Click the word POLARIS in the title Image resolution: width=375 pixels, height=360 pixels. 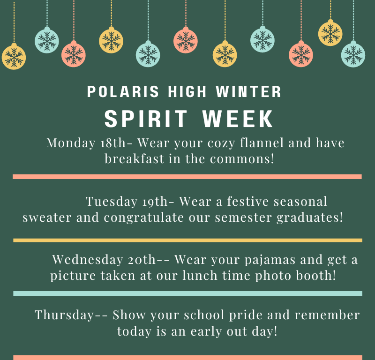click(x=123, y=91)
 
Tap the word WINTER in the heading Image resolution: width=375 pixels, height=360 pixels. click(x=248, y=91)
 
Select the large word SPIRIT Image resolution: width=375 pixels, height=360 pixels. click(x=146, y=119)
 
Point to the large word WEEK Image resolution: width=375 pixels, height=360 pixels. click(x=238, y=119)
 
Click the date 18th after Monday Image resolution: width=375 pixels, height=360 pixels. click(x=112, y=143)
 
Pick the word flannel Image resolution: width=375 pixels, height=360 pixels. click(x=262, y=143)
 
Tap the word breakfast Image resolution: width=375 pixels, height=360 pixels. click(x=135, y=158)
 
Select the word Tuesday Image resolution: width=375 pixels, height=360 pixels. click(x=112, y=202)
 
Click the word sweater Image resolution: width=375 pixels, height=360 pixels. click(x=47, y=217)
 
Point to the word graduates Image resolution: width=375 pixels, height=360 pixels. click(x=307, y=217)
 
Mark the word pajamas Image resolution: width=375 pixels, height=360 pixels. click(x=270, y=260)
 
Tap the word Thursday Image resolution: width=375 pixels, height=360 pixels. click(x=64, y=315)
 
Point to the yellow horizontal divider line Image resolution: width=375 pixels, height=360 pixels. click(x=188, y=240)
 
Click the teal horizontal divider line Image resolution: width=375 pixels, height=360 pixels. click(x=188, y=293)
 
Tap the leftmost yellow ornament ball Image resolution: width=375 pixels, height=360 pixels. click(x=14, y=57)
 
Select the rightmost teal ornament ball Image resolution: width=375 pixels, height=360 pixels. click(x=353, y=54)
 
